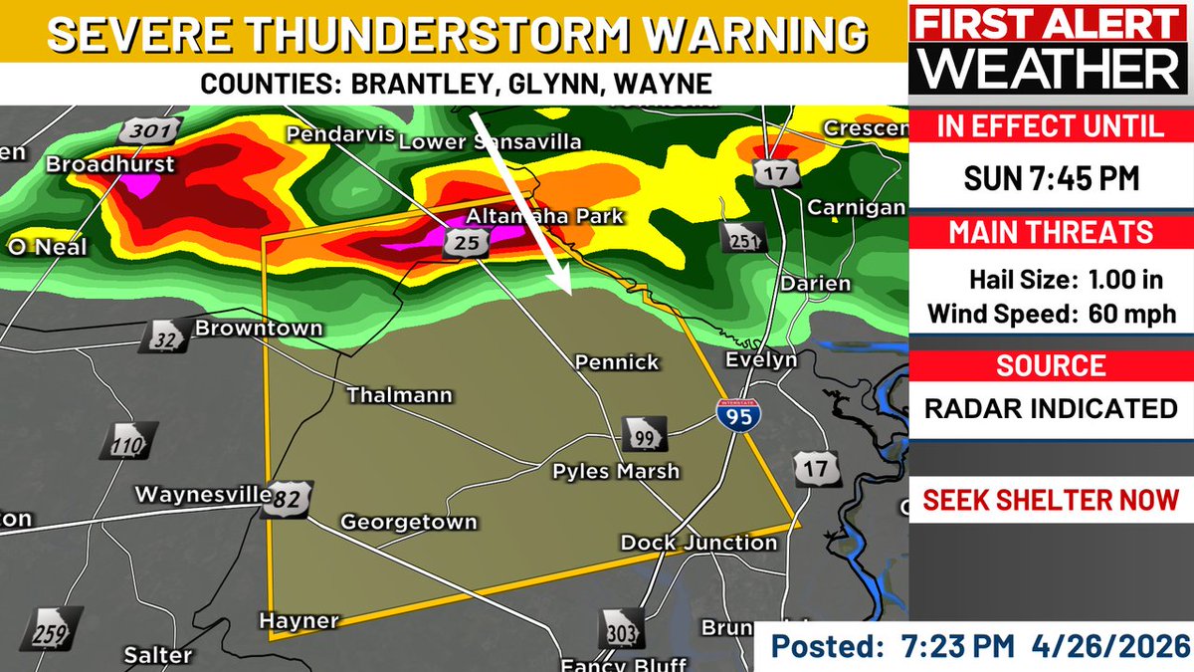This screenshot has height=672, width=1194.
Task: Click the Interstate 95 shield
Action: click(734, 412)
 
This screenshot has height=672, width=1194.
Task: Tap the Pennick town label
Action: click(618, 362)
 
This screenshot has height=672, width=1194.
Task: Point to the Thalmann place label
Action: click(399, 395)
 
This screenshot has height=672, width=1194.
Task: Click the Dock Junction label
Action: click(698, 543)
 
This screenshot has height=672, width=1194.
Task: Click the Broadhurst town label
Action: click(110, 164)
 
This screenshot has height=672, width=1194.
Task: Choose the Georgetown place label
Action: click(409, 522)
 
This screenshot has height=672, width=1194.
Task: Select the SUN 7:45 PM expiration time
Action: click(1052, 179)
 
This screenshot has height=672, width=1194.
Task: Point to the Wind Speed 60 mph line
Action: click(1052, 314)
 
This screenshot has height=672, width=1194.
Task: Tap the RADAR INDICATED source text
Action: click(1052, 407)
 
